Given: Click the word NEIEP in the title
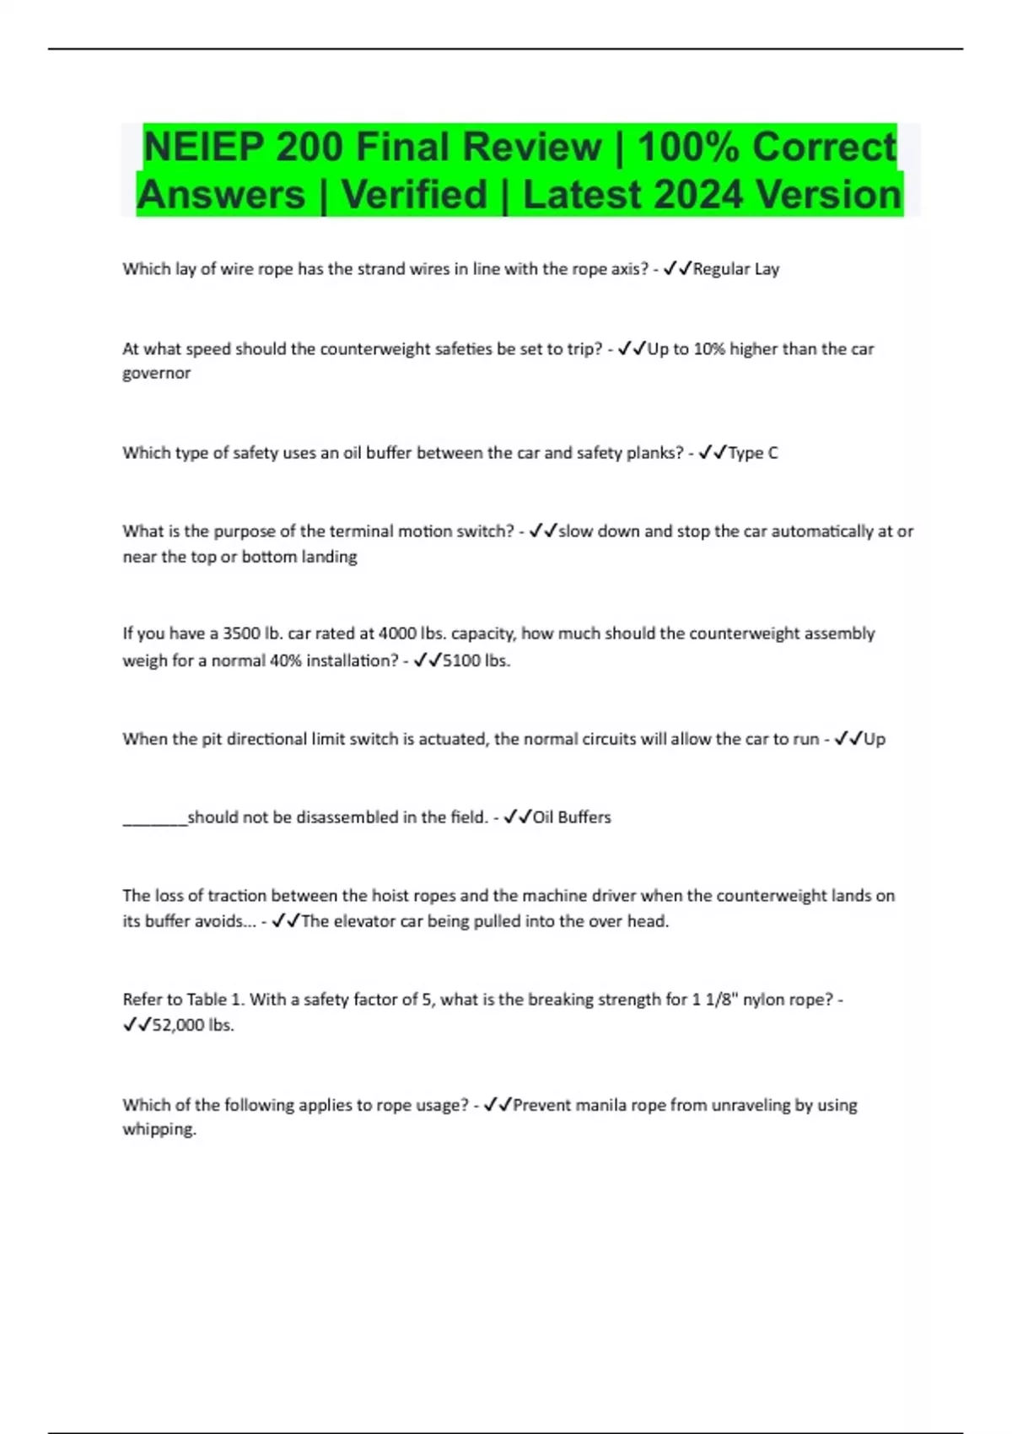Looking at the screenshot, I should coord(203,148).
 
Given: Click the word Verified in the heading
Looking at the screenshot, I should coord(414,195).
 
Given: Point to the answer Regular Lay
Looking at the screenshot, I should coord(735,269).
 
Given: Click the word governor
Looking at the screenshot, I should coord(156,373).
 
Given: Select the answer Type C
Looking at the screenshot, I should coord(752,453).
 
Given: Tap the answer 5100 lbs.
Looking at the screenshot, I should coord(476,660).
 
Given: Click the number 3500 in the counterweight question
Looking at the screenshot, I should coord(241,633).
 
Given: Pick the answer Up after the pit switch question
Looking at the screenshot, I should coord(875,739).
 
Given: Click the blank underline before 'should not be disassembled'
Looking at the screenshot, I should coord(154,818).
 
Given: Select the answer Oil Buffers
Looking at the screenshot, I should coord(572,817).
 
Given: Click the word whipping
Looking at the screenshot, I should coord(159,1129).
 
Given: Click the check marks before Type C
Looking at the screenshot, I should coord(713,453).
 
